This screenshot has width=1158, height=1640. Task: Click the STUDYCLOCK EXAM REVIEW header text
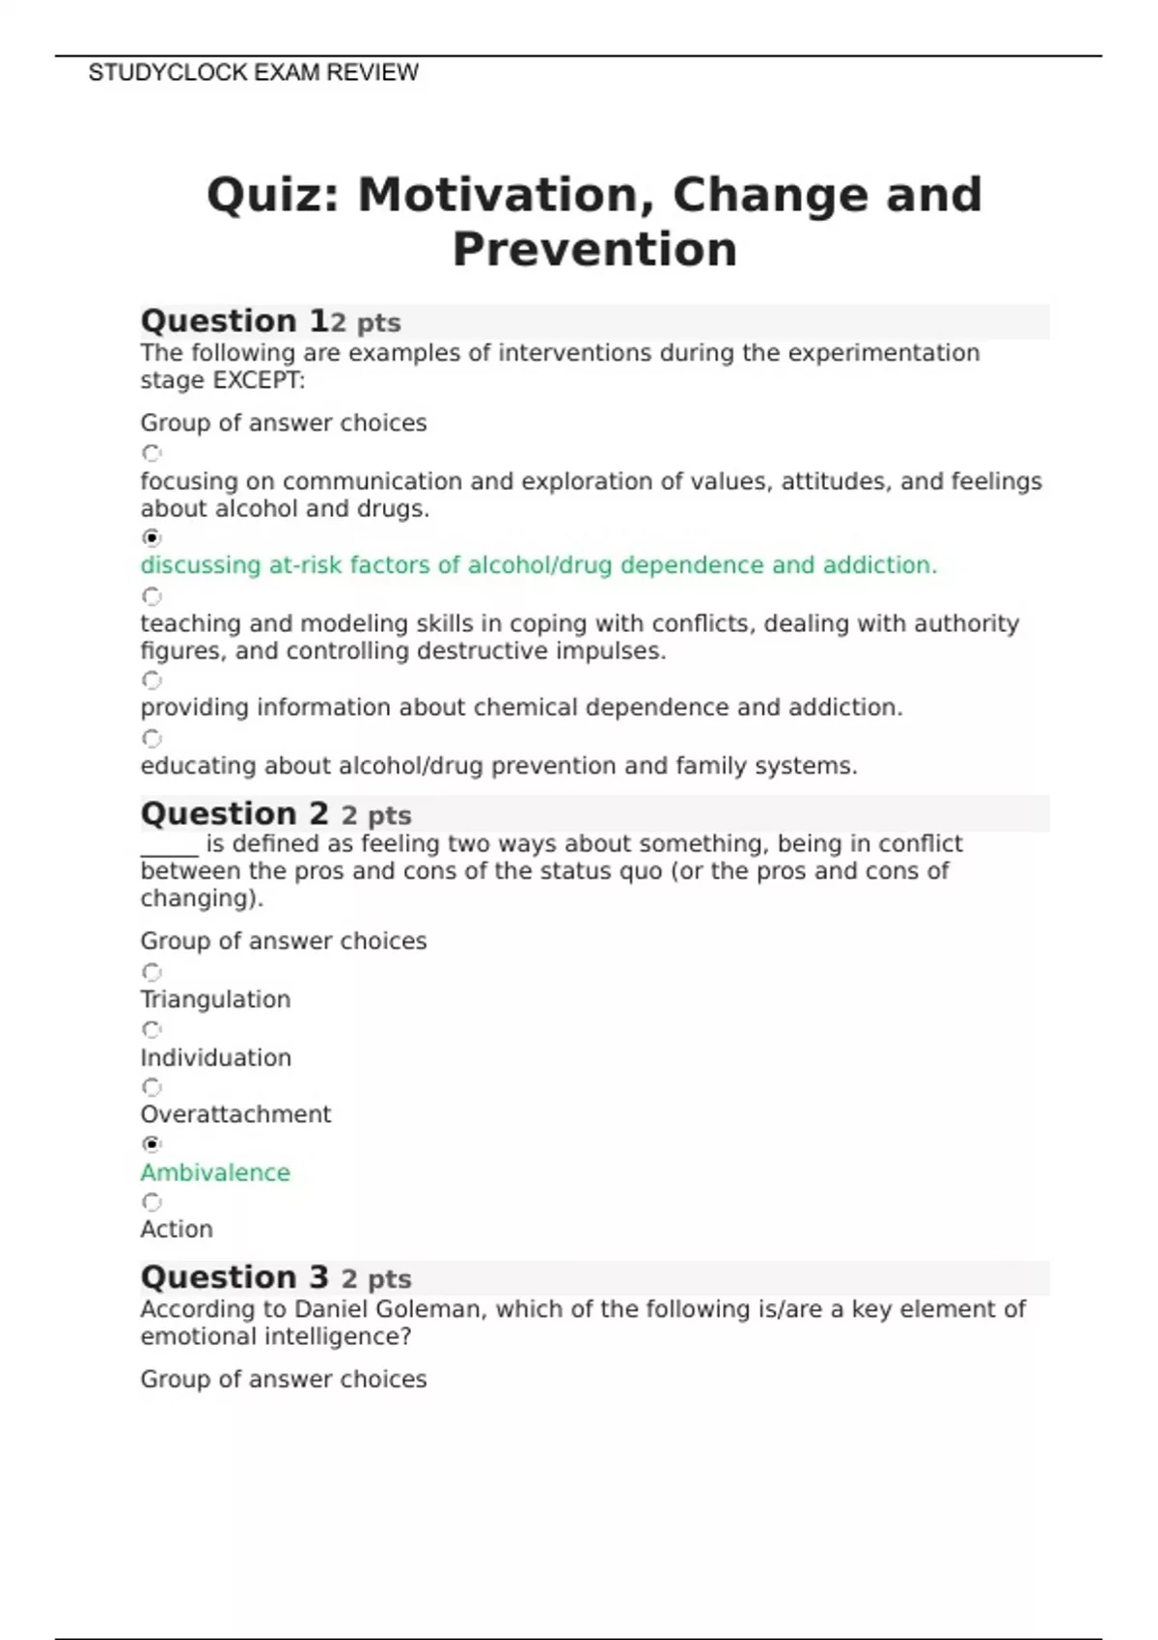[253, 73]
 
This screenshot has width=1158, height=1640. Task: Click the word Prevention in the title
[594, 250]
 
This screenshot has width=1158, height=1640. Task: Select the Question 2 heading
[234, 814]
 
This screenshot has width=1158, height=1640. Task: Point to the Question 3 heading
[234, 1278]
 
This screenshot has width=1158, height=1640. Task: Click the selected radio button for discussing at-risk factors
[152, 537]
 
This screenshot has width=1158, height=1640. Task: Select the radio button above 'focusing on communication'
[152, 452]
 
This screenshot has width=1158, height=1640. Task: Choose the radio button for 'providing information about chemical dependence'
[152, 680]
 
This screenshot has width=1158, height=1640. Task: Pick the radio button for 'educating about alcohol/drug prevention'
[152, 739]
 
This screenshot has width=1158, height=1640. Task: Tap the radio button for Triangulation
[152, 971]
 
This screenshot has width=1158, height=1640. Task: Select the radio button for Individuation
[152, 1029]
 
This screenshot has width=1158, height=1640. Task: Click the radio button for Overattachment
[152, 1087]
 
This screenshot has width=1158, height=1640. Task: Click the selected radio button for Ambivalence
[152, 1144]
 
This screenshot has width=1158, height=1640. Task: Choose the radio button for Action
[152, 1202]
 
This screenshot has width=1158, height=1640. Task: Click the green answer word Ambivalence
[215, 1173]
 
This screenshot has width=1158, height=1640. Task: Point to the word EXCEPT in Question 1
[258, 381]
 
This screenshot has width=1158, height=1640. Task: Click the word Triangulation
[215, 999]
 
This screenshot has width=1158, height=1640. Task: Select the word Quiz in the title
[274, 196]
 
